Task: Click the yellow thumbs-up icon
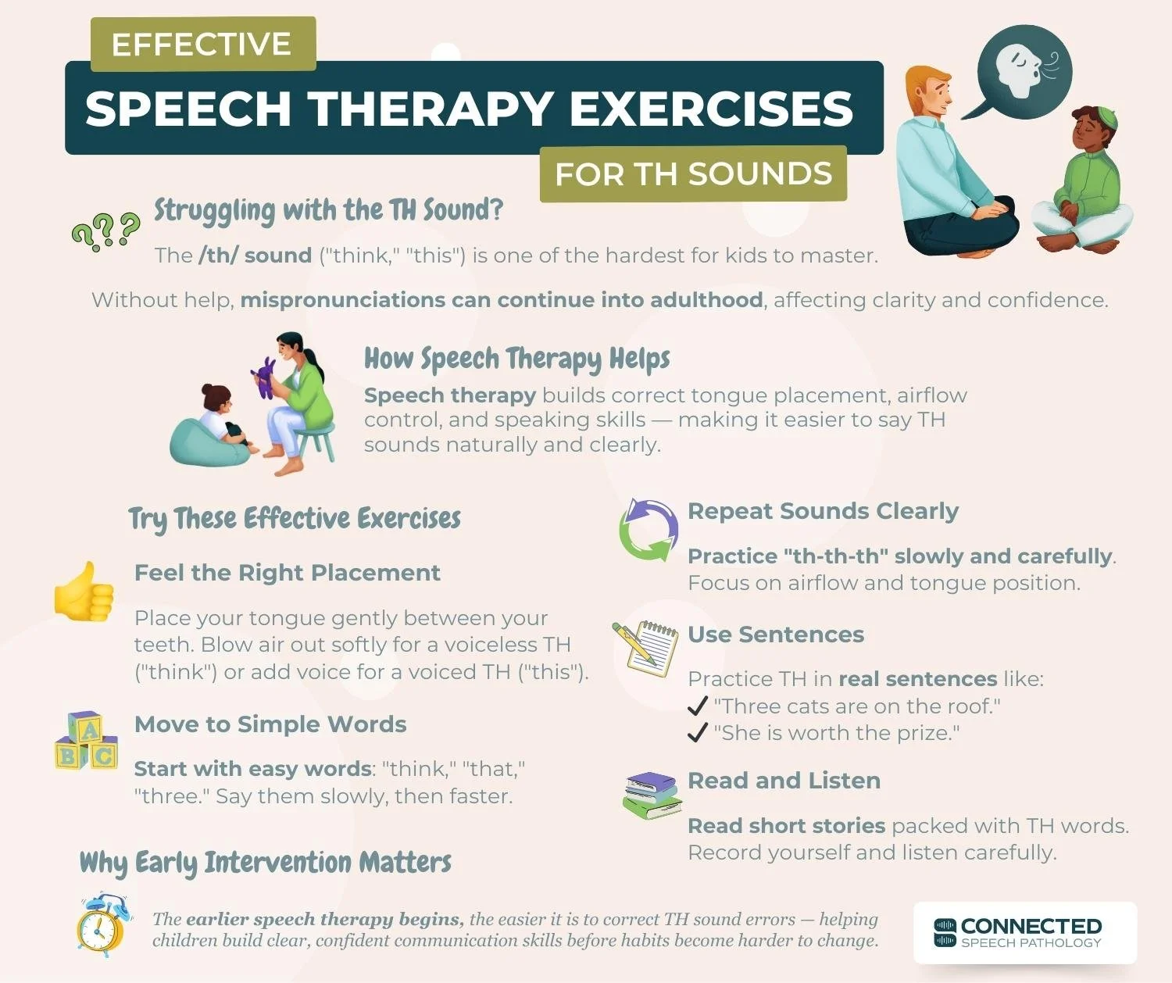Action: (84, 592)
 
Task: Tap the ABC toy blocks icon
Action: (86, 741)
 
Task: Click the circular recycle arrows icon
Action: (648, 530)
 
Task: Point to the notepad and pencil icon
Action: (646, 648)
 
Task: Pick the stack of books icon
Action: (651, 795)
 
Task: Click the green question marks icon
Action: (105, 231)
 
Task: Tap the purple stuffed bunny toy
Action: (266, 377)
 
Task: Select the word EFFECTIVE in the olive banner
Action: (202, 45)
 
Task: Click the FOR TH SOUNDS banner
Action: (693, 173)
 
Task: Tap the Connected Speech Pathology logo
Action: (1024, 932)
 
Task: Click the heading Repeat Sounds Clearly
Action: (823, 511)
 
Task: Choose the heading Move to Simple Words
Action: (270, 724)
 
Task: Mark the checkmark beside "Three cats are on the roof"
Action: (697, 706)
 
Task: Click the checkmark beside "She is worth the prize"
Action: (697, 733)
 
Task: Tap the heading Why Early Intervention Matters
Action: (266, 863)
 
